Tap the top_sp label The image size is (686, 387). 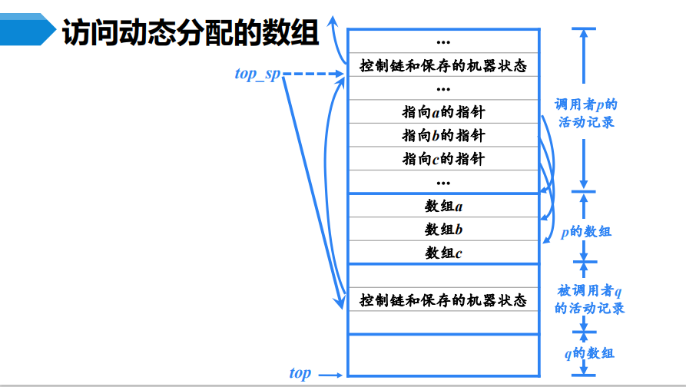(x=257, y=74)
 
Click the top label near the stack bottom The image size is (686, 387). (x=300, y=374)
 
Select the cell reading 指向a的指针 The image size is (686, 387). (x=443, y=112)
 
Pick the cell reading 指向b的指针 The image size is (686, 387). (x=443, y=136)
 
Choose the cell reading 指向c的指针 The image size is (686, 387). (x=443, y=159)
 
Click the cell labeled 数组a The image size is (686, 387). (x=443, y=206)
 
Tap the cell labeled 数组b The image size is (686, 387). (x=443, y=229)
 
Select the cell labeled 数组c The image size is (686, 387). (x=443, y=252)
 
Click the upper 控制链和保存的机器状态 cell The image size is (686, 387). (x=443, y=65)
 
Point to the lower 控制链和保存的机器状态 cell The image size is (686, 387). (x=443, y=299)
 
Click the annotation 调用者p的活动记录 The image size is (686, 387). (x=585, y=112)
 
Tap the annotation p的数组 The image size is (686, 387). (x=585, y=231)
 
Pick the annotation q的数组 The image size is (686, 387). (x=588, y=353)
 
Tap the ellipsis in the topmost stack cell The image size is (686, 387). (x=443, y=41)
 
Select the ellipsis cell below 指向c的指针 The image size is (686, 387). (x=443, y=182)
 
